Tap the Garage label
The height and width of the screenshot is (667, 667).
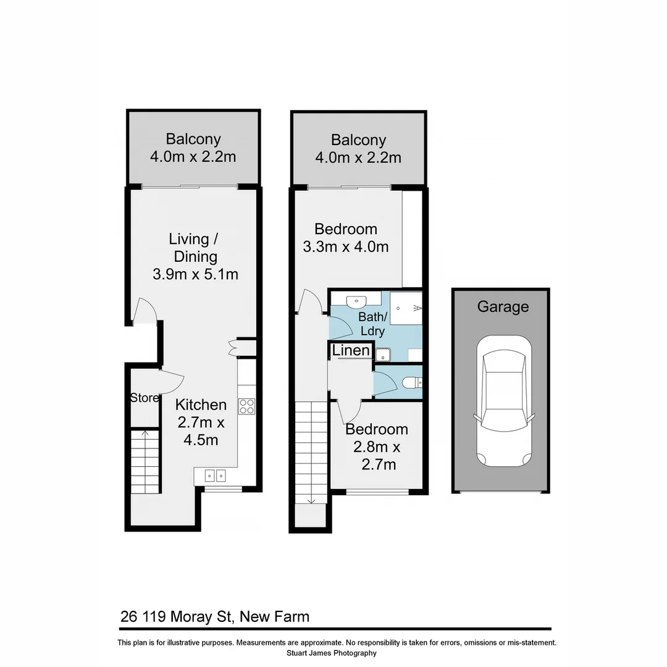(503, 307)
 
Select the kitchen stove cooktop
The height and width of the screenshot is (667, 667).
(247, 406)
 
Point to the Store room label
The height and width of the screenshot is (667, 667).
(144, 398)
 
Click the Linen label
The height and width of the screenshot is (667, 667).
(351, 351)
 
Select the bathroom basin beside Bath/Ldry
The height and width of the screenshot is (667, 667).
(356, 301)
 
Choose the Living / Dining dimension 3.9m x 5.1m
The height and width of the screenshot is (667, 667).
(195, 274)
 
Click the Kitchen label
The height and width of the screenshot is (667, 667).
(201, 405)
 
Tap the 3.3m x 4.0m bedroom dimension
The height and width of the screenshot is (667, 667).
(345, 247)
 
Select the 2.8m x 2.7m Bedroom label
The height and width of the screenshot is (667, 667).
(376, 429)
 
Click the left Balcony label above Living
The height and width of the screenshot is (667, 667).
(193, 140)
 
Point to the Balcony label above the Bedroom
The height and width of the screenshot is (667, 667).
(358, 140)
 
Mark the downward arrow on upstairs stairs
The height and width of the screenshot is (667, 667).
(311, 500)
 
